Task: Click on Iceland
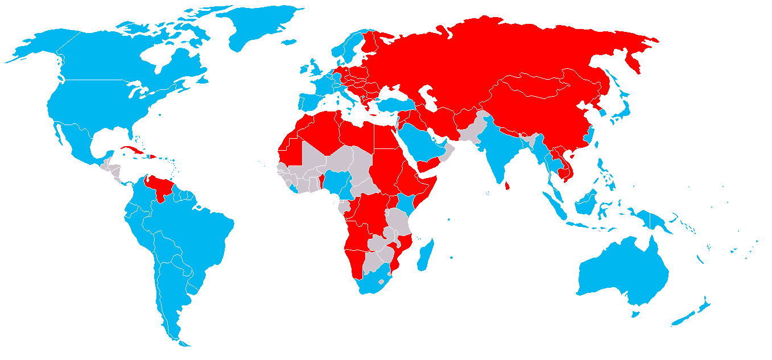[289, 42]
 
